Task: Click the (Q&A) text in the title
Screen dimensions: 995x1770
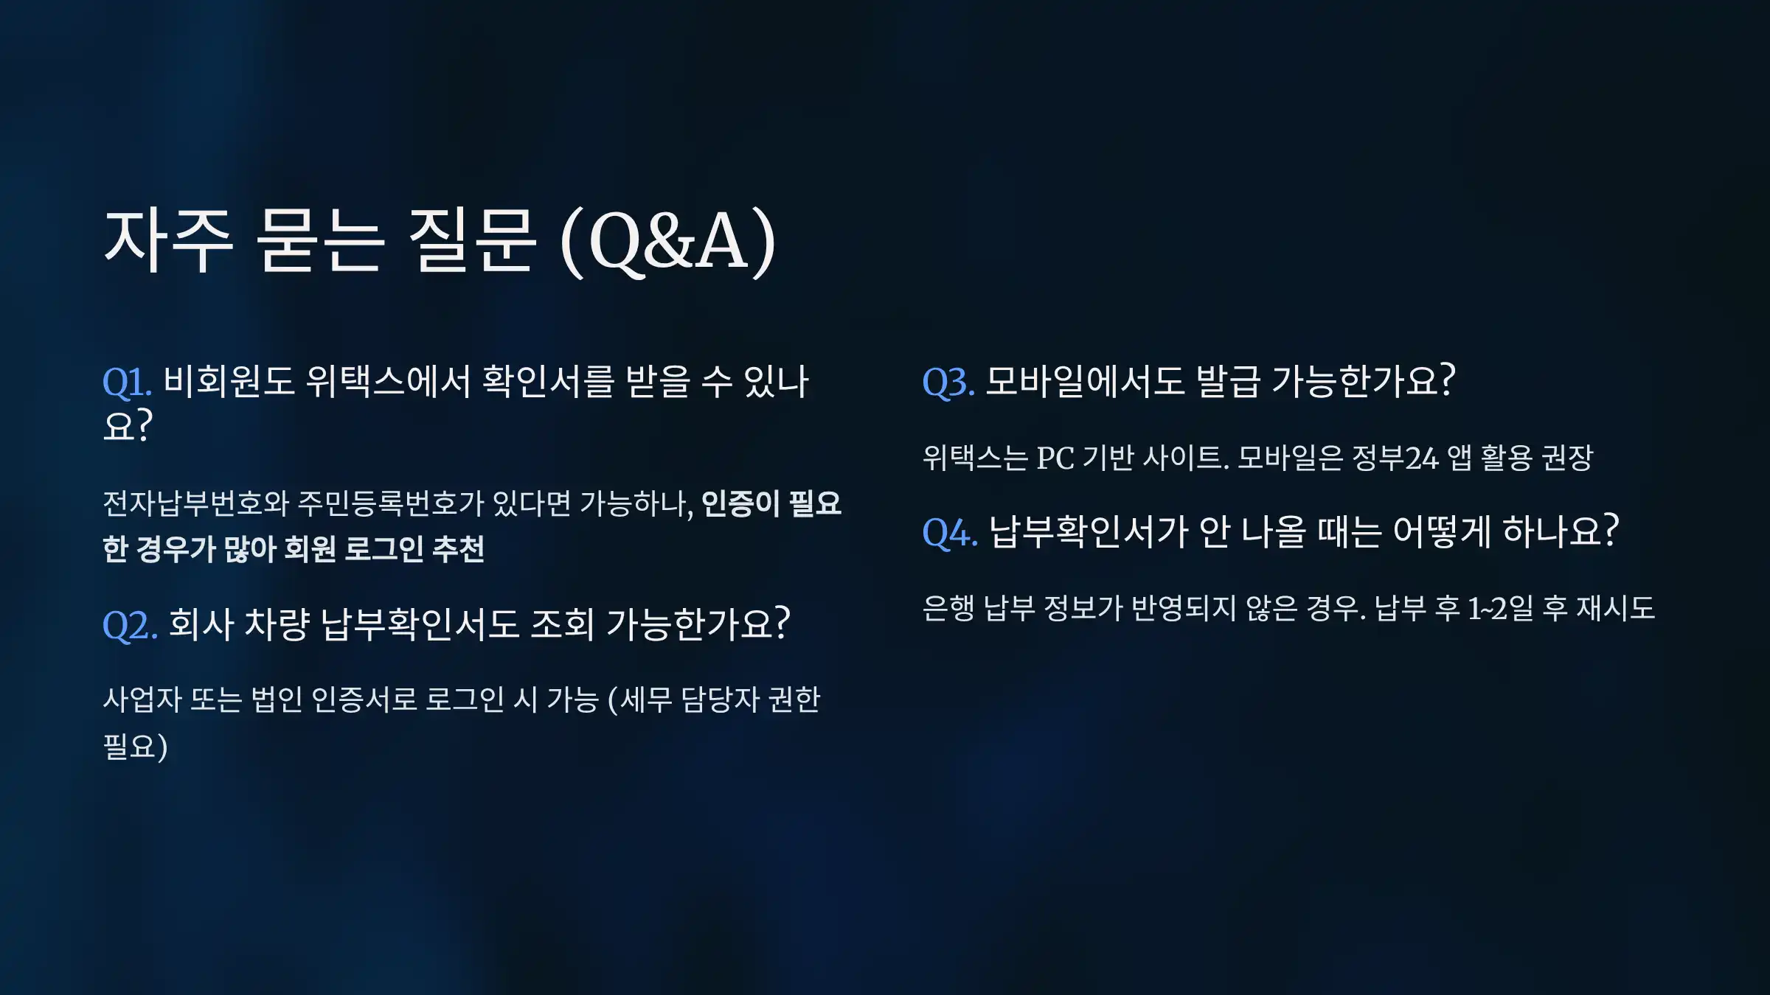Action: click(x=668, y=241)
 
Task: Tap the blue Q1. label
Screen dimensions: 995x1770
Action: click(x=127, y=383)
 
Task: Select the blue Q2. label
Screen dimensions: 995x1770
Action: click(x=130, y=626)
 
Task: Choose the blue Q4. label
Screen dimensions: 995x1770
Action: click(x=950, y=533)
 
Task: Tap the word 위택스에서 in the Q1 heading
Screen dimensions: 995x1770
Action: click(x=388, y=382)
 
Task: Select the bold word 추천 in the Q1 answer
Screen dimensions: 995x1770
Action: click(x=458, y=549)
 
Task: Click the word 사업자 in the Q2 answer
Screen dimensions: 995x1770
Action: click(x=142, y=699)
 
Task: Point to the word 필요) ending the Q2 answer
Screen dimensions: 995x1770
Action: click(x=135, y=746)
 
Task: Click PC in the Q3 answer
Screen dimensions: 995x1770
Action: click(x=1055, y=458)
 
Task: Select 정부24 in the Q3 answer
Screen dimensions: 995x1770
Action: click(x=1395, y=458)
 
